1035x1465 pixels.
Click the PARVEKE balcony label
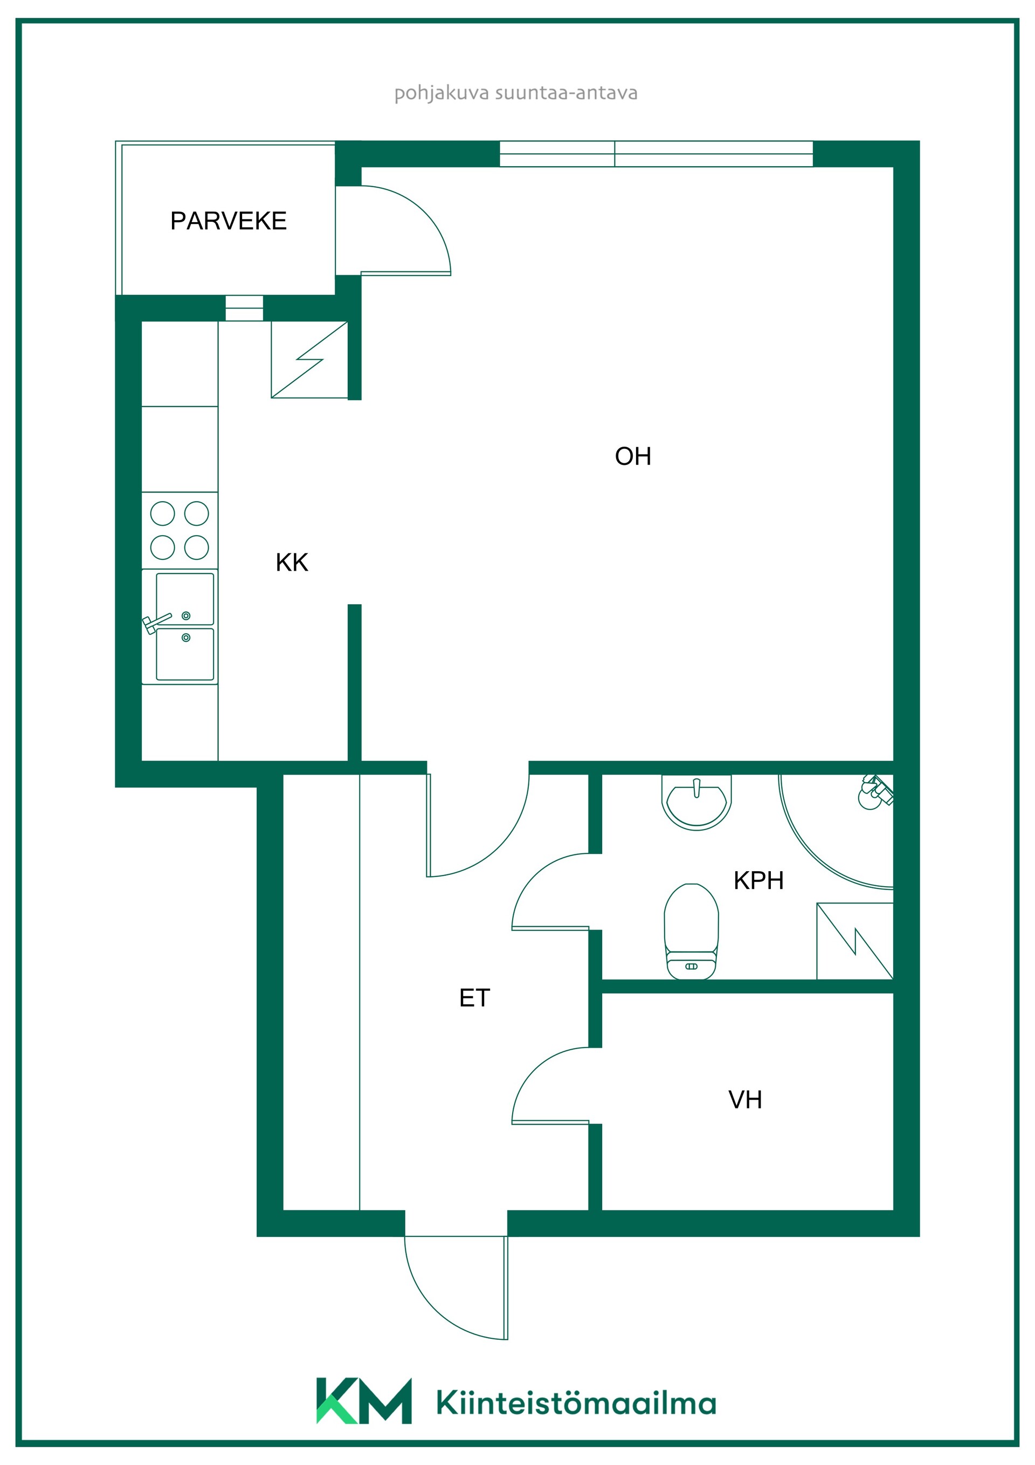[x=229, y=221]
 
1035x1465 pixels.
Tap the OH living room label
[x=633, y=456]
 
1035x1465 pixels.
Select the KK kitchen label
[x=292, y=562]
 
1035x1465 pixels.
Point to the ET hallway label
[x=474, y=997]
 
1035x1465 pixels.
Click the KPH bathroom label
[x=758, y=880]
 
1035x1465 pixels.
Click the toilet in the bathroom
[x=691, y=931]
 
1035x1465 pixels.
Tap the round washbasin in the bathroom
[x=696, y=803]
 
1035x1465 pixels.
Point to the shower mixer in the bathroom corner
[x=876, y=792]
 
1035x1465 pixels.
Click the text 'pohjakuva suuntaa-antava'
[x=516, y=93]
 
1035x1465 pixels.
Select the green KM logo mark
[x=364, y=1401]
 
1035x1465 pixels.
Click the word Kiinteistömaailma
[x=576, y=1402]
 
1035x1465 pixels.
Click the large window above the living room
[x=656, y=154]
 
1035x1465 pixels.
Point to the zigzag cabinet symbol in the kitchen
[x=309, y=360]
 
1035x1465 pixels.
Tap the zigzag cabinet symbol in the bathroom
[x=854, y=941]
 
